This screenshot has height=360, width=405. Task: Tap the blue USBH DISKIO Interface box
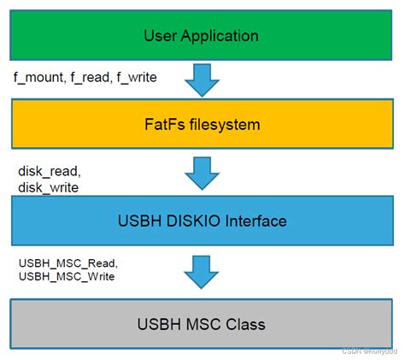click(x=202, y=221)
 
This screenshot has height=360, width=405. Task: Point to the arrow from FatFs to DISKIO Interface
click(x=202, y=173)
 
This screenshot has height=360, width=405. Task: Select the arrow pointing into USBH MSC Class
click(x=202, y=273)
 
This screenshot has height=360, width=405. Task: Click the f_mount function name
click(x=38, y=77)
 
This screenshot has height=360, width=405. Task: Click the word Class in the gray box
click(x=245, y=324)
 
